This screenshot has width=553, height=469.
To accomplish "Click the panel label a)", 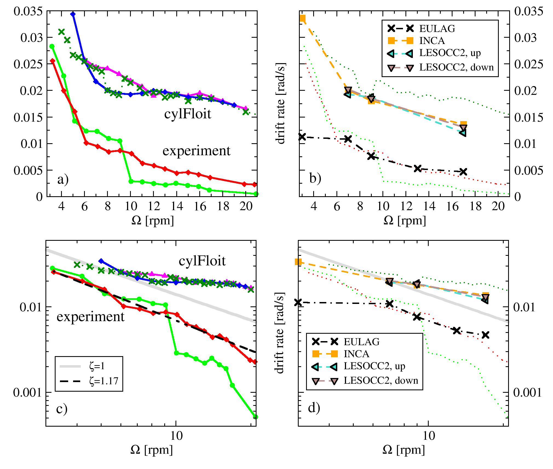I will tap(63, 180).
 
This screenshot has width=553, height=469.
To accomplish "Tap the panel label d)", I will tap(314, 408).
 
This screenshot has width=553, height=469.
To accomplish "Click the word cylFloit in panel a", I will tap(188, 114).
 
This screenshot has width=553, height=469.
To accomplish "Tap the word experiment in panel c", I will tap(90, 317).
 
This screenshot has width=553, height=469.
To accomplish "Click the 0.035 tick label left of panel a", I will tap(28, 11).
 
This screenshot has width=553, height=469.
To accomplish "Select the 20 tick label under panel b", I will tap(498, 206).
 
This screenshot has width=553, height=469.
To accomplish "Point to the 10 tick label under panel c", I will tap(176, 436).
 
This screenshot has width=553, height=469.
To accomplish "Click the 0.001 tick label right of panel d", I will tap(527, 392).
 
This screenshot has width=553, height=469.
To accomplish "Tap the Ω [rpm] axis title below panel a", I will tap(152, 220).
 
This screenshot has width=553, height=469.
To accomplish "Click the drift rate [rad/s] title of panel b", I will tap(280, 103).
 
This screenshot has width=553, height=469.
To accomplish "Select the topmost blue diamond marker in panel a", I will tap(73, 14).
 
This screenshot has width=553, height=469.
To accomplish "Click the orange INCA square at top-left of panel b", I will tap(302, 18).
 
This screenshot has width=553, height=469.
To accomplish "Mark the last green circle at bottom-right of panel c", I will tap(256, 417).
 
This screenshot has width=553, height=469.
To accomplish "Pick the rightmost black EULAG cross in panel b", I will tap(463, 172).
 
